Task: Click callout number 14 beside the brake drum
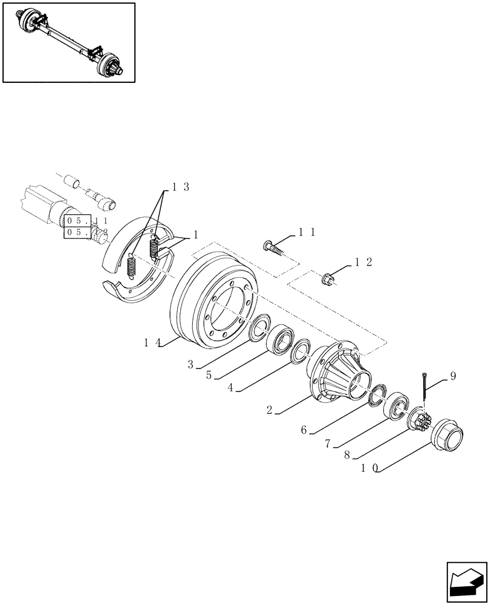tap(151, 342)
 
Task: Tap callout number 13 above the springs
tap(180, 188)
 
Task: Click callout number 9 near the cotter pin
tap(453, 376)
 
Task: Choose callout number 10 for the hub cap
tap(369, 468)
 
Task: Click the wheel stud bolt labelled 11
tap(274, 247)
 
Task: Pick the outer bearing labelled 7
tap(397, 407)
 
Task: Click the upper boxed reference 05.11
tap(79, 221)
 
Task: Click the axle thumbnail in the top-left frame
tap(68, 42)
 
